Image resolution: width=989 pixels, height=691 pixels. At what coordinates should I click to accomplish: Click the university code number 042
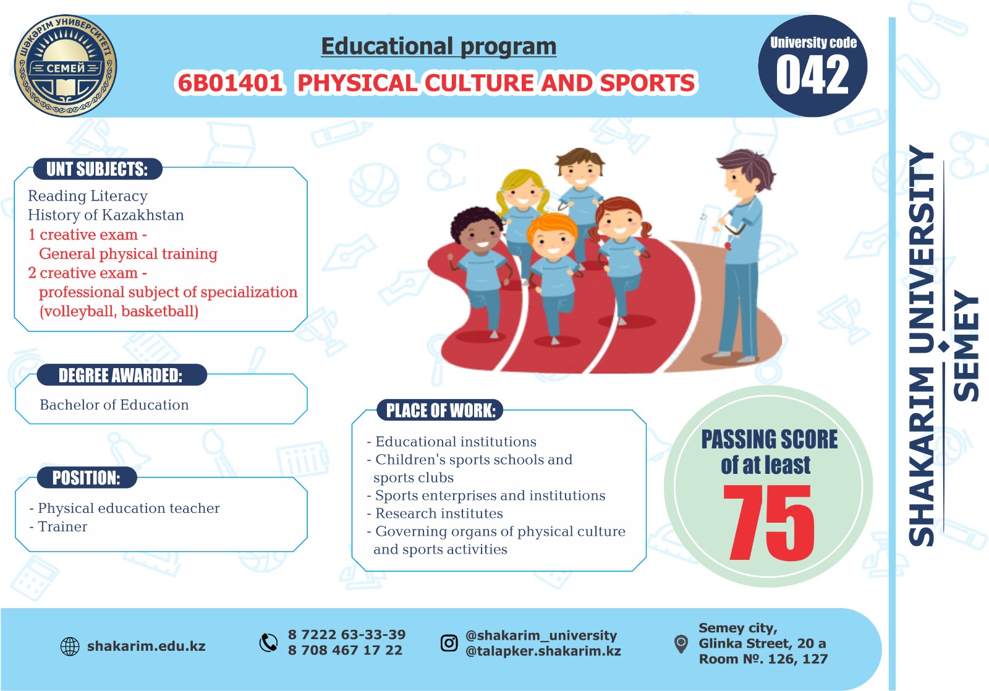(x=812, y=75)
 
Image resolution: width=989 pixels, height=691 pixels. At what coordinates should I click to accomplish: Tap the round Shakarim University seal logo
(x=66, y=66)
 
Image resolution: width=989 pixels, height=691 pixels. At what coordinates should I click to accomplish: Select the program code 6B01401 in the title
(x=229, y=83)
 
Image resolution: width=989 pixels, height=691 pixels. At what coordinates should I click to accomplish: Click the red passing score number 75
(x=769, y=523)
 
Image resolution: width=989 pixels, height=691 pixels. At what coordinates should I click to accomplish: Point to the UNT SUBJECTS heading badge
(x=98, y=169)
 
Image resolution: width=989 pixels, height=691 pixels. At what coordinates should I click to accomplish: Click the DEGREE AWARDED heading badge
(x=121, y=375)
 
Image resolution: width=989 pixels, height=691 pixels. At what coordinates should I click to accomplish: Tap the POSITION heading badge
(x=87, y=478)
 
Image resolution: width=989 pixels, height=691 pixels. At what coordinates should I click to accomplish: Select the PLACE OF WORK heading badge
(x=440, y=410)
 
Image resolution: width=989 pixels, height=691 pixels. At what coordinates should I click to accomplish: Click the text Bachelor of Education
(x=114, y=405)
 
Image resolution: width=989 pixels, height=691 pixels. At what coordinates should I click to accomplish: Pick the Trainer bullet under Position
(x=58, y=526)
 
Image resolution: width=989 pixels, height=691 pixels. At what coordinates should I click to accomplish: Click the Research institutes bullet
(x=435, y=513)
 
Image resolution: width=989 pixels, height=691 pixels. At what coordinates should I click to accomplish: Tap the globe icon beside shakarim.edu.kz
(x=70, y=646)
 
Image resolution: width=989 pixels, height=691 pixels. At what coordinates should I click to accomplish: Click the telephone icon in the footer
(x=268, y=643)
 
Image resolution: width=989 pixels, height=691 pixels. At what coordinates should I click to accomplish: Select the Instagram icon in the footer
(x=449, y=643)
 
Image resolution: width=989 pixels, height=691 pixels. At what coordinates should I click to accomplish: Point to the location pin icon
(x=681, y=644)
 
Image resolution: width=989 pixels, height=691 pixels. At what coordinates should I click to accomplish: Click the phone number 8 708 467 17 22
(x=346, y=650)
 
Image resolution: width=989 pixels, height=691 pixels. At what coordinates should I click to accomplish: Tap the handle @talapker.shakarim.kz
(x=543, y=651)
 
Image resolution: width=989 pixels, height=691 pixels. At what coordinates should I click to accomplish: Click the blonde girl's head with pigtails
(x=523, y=191)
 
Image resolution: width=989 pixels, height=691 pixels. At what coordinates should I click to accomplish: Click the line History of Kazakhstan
(x=106, y=215)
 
